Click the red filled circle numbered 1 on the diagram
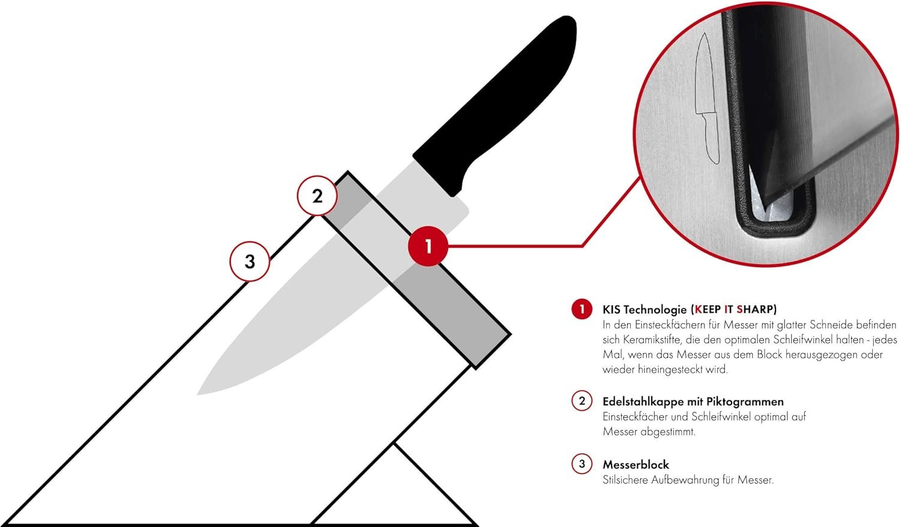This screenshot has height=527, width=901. click(x=428, y=246)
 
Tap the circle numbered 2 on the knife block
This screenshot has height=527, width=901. click(x=317, y=196)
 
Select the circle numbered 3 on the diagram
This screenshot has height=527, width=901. click(x=250, y=261)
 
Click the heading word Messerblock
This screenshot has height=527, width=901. click(x=636, y=465)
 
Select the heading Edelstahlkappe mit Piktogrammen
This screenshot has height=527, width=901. click(x=693, y=402)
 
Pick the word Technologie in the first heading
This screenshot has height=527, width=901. click(x=657, y=310)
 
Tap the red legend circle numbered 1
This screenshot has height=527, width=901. click(x=581, y=309)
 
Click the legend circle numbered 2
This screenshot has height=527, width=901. click(x=581, y=401)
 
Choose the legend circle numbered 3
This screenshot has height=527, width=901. click(x=581, y=464)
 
